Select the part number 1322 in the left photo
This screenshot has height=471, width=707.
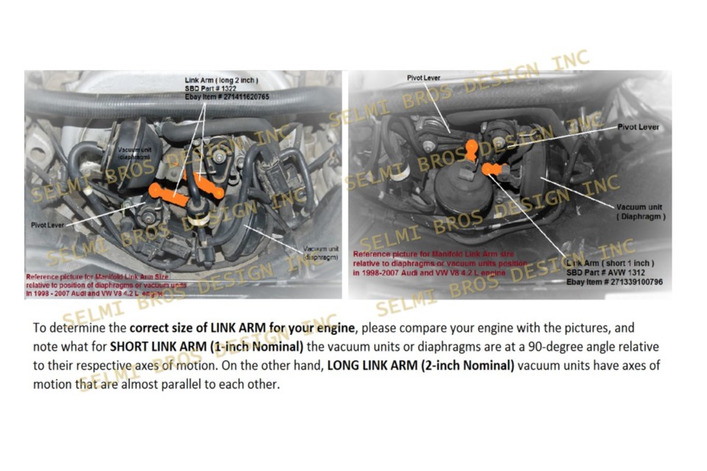[x=220, y=88]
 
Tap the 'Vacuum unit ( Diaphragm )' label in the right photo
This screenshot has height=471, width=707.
[x=641, y=212]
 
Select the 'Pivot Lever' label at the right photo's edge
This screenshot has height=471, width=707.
[x=638, y=127]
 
